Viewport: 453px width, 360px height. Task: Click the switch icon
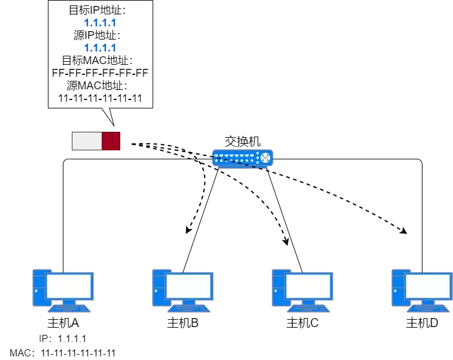pyautogui.click(x=242, y=158)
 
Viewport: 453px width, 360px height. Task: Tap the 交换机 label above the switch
pyautogui.click(x=242, y=141)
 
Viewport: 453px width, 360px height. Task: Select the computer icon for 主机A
pyautogui.click(x=63, y=291)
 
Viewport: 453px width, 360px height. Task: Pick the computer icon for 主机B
pyautogui.click(x=183, y=291)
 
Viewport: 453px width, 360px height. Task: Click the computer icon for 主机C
pyautogui.click(x=302, y=291)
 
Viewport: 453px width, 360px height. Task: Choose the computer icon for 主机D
pyautogui.click(x=422, y=291)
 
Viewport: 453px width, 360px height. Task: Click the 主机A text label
pyautogui.click(x=63, y=323)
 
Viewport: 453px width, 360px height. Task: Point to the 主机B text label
pyautogui.click(x=183, y=323)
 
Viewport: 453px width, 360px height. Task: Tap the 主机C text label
pyautogui.click(x=302, y=323)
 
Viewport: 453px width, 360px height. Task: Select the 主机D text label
pyautogui.click(x=422, y=323)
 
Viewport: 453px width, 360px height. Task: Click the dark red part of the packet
pyautogui.click(x=111, y=141)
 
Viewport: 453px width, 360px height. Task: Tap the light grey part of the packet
pyautogui.click(x=87, y=141)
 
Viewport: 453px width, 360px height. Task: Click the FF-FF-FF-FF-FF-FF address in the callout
pyautogui.click(x=100, y=73)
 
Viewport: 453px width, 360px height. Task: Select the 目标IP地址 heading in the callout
pyautogui.click(x=98, y=10)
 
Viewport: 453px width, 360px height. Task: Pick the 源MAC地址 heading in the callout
pyautogui.click(x=98, y=86)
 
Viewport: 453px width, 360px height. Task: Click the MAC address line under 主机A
pyautogui.click(x=63, y=353)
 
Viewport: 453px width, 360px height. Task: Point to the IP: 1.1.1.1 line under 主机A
pyautogui.click(x=63, y=338)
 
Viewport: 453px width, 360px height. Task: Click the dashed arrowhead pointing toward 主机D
pyautogui.click(x=403, y=231)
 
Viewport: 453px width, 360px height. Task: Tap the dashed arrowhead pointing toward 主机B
pyautogui.click(x=188, y=229)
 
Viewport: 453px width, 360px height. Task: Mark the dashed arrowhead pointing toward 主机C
pyautogui.click(x=286, y=241)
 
